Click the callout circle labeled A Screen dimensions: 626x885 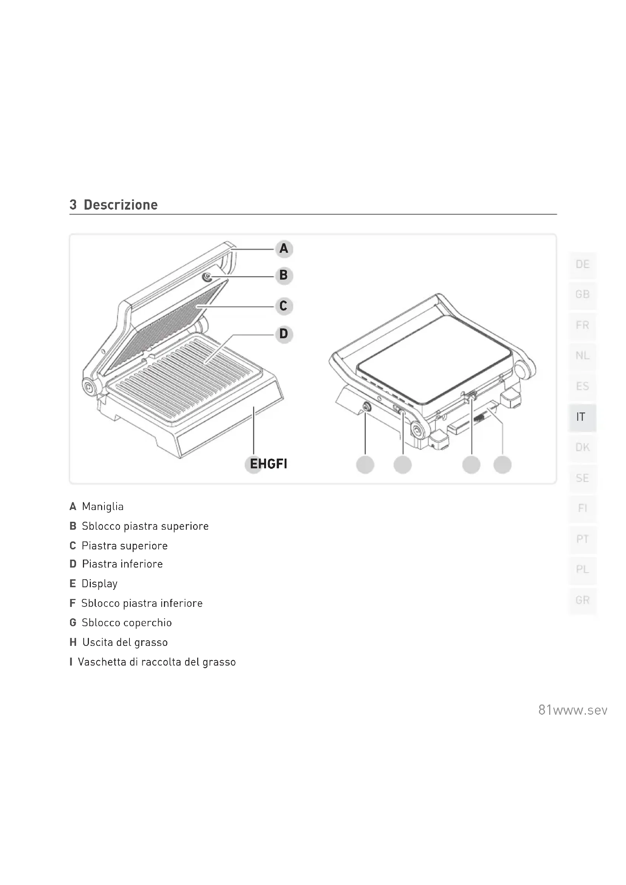click(284, 249)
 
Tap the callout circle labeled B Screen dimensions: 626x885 click(284, 275)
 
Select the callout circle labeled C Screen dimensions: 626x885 click(284, 306)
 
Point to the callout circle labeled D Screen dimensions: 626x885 click(284, 334)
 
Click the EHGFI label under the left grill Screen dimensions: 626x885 click(268, 464)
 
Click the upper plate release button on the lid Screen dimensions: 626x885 click(207, 277)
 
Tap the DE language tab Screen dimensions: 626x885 click(582, 264)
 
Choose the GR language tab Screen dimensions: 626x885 click(582, 600)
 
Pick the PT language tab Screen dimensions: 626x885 click(582, 539)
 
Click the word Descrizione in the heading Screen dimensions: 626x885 click(121, 205)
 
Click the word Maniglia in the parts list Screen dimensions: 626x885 click(103, 507)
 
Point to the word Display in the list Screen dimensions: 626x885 click(100, 583)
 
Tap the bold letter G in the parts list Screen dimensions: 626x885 click(73, 622)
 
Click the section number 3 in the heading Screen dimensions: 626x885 click(73, 205)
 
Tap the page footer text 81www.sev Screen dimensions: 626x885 click(573, 710)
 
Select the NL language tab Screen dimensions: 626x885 click(582, 355)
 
